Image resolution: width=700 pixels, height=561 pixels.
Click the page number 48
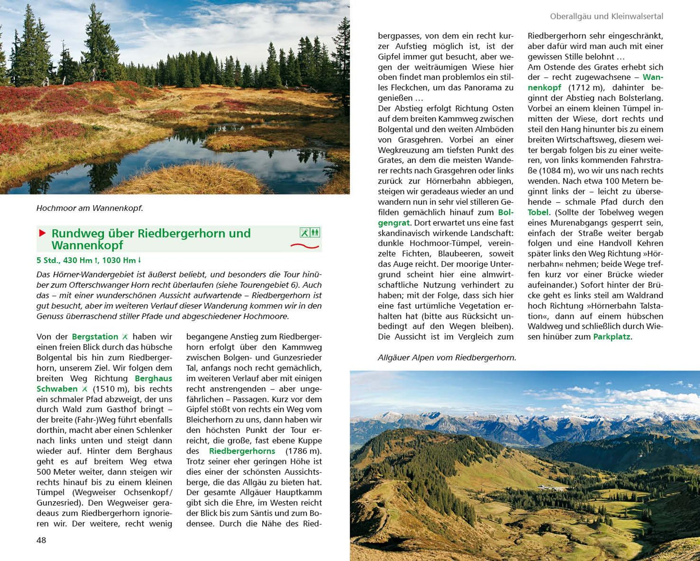tap(41, 540)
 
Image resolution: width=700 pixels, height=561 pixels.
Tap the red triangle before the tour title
tap(42, 233)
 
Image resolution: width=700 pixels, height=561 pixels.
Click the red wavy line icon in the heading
tap(304, 246)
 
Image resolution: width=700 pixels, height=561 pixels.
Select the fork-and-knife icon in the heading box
tap(304, 232)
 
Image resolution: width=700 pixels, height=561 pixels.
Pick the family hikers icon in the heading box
tap(315, 232)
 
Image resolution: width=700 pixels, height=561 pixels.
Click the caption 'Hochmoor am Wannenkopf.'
tap(90, 208)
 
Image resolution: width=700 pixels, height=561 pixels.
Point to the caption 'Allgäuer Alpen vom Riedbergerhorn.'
tap(447, 358)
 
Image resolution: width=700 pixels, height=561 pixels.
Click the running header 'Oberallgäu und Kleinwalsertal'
tap(606, 17)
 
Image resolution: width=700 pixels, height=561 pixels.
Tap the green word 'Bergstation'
tap(95, 337)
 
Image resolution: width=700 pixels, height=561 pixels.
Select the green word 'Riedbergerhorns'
tap(242, 451)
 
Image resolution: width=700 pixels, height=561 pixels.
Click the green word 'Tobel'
tap(538, 212)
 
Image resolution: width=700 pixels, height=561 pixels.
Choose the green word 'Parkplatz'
tap(611, 337)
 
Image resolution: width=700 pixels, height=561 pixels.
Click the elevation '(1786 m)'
tap(303, 451)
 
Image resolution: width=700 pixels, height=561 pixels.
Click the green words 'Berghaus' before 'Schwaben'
tap(153, 378)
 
